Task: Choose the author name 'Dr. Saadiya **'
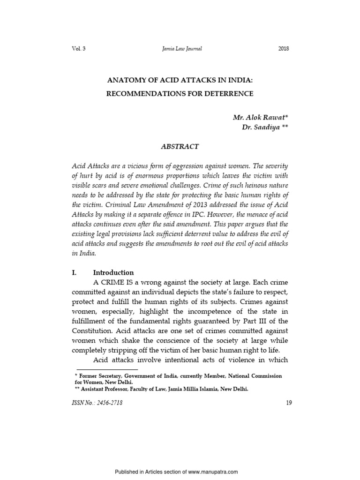tap(265, 127)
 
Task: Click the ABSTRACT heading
tap(180, 147)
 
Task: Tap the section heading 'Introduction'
tap(113, 272)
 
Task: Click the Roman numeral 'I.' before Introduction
tap(74, 272)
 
